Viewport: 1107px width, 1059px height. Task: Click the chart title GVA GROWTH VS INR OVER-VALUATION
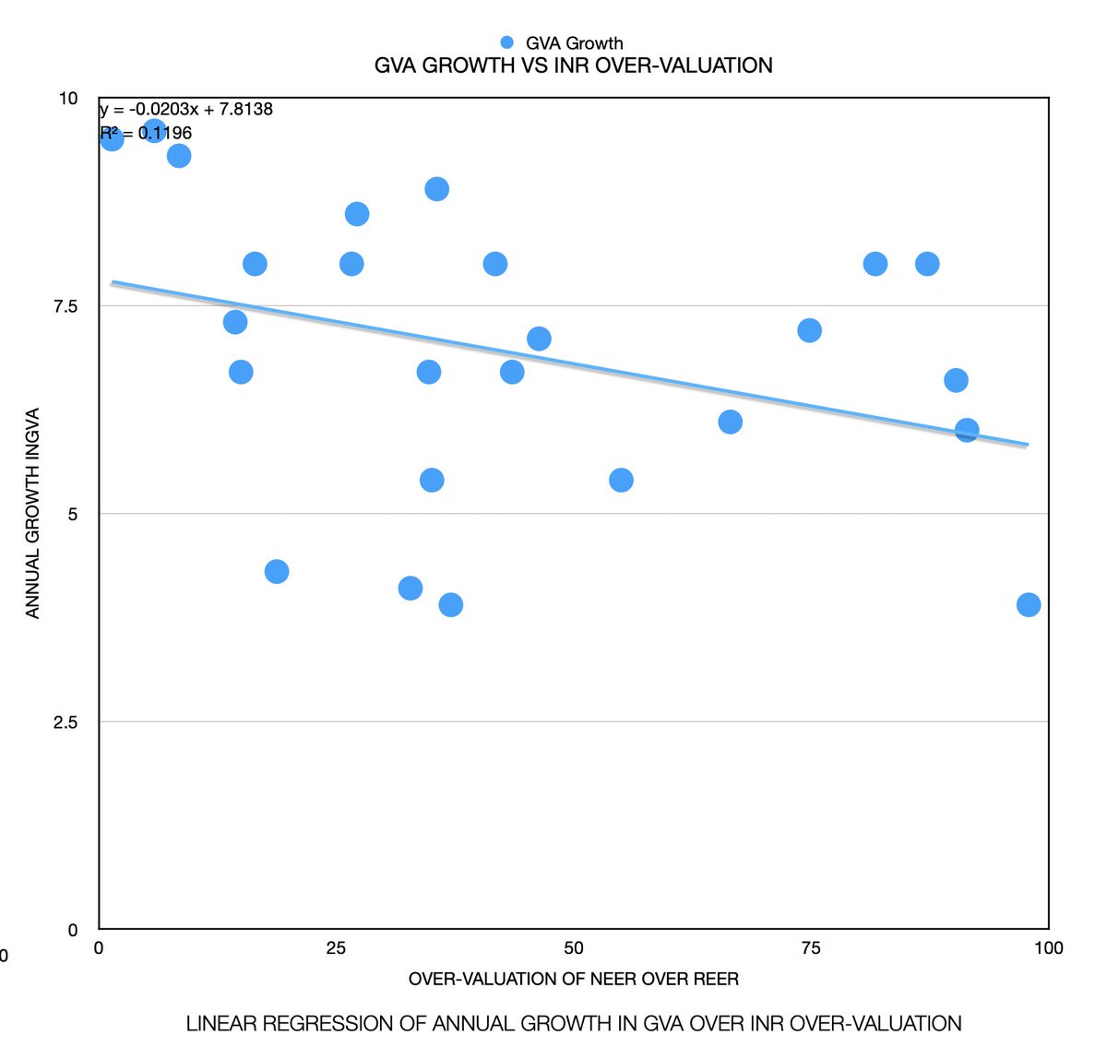(573, 65)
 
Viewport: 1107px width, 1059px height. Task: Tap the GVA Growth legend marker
(506, 42)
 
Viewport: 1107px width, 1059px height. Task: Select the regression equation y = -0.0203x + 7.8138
(186, 110)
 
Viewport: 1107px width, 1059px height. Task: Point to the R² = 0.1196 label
(147, 134)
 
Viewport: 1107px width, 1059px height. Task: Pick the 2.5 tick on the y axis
(66, 722)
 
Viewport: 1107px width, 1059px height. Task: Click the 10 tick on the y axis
(69, 99)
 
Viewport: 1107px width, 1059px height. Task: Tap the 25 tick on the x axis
(336, 948)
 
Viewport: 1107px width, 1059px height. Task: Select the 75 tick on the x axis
(810, 948)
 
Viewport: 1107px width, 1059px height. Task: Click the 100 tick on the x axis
(1048, 948)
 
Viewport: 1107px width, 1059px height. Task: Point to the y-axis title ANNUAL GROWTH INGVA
(33, 513)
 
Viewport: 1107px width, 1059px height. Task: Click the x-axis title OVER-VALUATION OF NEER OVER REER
(573, 979)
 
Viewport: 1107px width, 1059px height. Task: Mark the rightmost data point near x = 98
(1029, 605)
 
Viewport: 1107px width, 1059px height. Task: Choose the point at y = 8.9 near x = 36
(437, 189)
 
